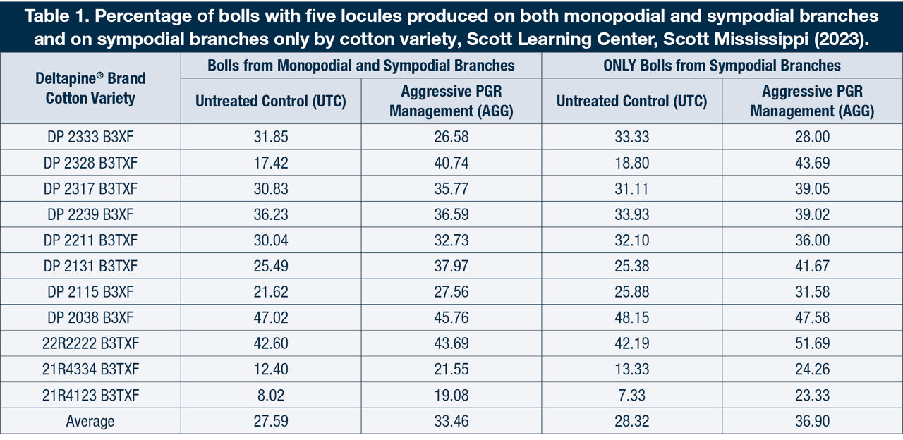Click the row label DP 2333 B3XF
click(x=90, y=137)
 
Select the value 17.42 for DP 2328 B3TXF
click(x=271, y=163)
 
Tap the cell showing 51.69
click(x=812, y=344)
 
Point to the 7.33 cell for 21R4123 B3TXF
click(x=631, y=396)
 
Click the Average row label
click(x=90, y=422)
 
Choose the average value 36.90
click(x=812, y=422)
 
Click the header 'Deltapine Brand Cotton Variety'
click(x=90, y=88)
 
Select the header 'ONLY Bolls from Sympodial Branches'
click(x=722, y=66)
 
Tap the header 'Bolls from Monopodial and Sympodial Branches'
click(x=360, y=66)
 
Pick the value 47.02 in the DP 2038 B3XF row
click(x=271, y=318)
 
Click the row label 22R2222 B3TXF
click(x=90, y=344)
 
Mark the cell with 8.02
click(x=271, y=396)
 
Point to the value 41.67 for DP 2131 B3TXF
click(x=812, y=267)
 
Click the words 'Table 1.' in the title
click(x=54, y=16)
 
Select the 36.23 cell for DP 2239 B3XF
click(x=271, y=214)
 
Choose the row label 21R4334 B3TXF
click(x=90, y=369)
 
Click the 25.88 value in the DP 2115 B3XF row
click(x=631, y=292)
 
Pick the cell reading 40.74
click(x=451, y=163)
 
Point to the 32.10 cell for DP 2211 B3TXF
click(x=631, y=240)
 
